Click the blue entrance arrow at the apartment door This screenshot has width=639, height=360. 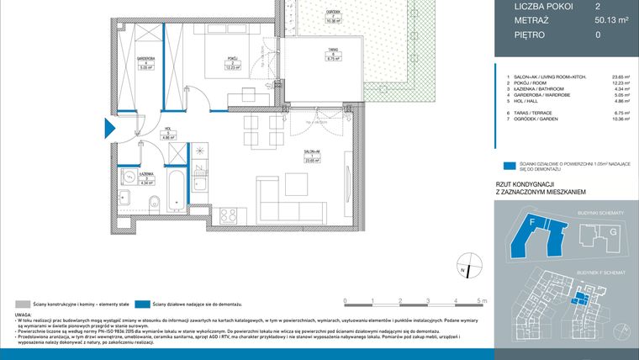[108, 129]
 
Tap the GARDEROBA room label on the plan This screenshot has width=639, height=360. [145, 62]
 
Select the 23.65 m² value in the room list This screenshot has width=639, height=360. [598, 77]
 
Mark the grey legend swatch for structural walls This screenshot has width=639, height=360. [22, 303]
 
